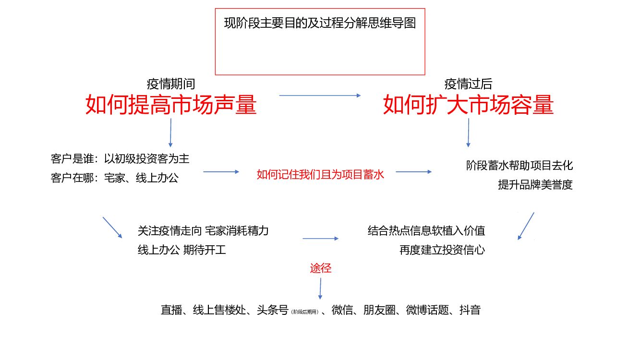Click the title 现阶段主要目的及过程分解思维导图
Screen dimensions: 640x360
point(320,23)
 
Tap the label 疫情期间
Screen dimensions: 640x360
point(171,84)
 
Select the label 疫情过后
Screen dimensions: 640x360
point(468,84)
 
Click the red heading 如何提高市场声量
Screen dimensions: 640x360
point(171,105)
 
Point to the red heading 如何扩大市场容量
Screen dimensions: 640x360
point(468,105)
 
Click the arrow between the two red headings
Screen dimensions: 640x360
point(320,96)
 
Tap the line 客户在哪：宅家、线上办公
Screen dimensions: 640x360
point(114,178)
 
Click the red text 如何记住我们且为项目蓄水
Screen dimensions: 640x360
point(320,174)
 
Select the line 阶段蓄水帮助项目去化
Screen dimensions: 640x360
point(519,166)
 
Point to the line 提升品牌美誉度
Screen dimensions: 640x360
point(535,185)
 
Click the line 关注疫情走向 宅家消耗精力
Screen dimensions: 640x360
point(203,230)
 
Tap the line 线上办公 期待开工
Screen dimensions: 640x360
point(181,250)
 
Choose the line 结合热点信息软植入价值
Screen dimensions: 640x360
point(426,230)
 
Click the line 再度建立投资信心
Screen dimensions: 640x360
point(442,250)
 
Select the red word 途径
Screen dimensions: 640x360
point(321,268)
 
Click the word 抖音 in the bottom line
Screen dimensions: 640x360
point(470,310)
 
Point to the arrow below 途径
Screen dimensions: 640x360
point(320,288)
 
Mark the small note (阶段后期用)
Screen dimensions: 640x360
point(305,312)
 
